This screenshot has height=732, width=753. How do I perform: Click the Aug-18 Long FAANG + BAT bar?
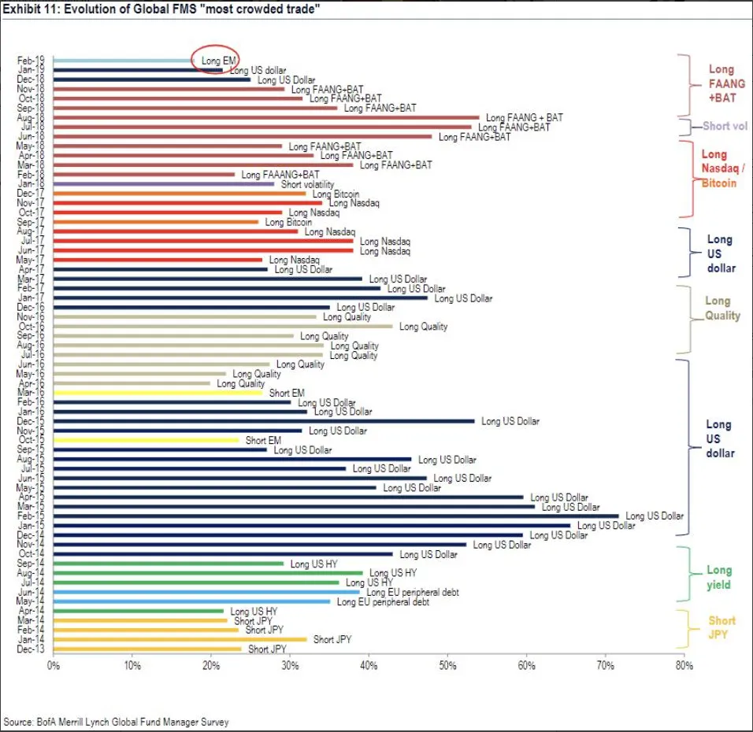tap(266, 117)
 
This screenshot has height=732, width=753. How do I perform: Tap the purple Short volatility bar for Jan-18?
tap(164, 184)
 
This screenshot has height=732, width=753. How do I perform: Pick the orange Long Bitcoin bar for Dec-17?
tap(180, 194)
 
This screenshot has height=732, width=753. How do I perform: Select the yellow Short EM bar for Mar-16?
tap(158, 393)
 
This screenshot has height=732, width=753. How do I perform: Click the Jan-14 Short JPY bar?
tap(180, 640)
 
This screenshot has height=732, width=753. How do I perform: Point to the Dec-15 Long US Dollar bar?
tap(264, 421)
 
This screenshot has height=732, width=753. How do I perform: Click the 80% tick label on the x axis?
tap(684, 666)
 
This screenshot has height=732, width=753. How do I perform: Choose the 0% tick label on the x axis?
tap(54, 666)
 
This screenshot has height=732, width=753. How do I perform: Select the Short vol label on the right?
tap(725, 126)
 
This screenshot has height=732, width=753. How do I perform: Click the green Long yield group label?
tap(718, 577)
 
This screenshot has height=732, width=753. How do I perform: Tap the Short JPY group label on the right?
tap(721, 628)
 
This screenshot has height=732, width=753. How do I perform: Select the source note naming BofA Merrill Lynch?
tap(117, 721)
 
